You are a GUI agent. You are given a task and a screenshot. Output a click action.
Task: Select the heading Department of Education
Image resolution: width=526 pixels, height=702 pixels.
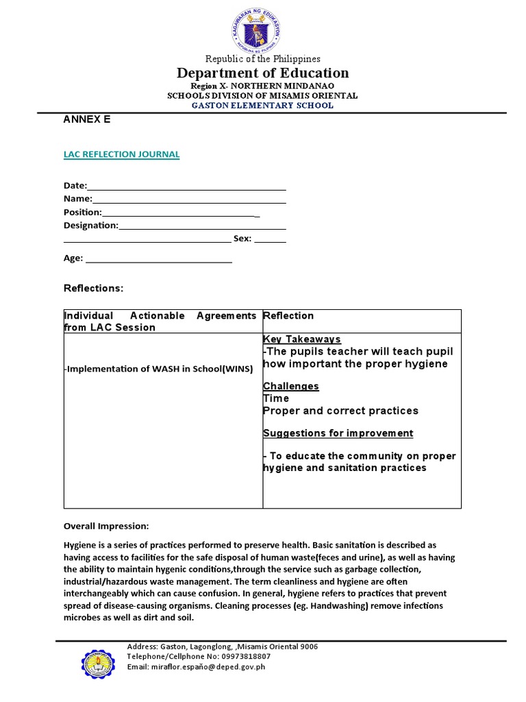[x=263, y=73]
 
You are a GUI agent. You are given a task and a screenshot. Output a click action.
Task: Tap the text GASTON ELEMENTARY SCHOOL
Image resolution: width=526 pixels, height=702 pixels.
[x=263, y=106]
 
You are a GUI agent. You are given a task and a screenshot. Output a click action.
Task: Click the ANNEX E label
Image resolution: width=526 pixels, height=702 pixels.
[x=86, y=119]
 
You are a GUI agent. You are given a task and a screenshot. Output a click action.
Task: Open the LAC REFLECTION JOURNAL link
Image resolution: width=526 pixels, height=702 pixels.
[x=121, y=154]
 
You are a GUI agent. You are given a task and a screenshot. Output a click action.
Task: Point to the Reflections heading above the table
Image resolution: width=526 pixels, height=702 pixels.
[x=93, y=289]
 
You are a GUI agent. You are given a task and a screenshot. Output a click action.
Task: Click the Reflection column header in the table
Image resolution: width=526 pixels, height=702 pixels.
[x=288, y=316]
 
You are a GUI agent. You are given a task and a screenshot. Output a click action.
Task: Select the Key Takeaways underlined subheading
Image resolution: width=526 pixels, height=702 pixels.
[x=302, y=339]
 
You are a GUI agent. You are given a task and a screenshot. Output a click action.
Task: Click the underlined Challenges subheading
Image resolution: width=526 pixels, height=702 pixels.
[x=291, y=386]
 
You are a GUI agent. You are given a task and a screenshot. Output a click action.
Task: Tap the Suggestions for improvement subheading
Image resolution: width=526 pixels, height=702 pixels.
[x=338, y=433]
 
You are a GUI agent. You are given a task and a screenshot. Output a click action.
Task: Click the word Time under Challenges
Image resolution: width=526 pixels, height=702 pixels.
[x=276, y=398]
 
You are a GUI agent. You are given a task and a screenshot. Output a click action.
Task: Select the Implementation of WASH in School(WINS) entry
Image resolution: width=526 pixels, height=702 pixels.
[x=158, y=369]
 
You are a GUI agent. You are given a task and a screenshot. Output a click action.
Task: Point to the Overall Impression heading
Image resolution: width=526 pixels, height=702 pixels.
[x=105, y=526]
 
